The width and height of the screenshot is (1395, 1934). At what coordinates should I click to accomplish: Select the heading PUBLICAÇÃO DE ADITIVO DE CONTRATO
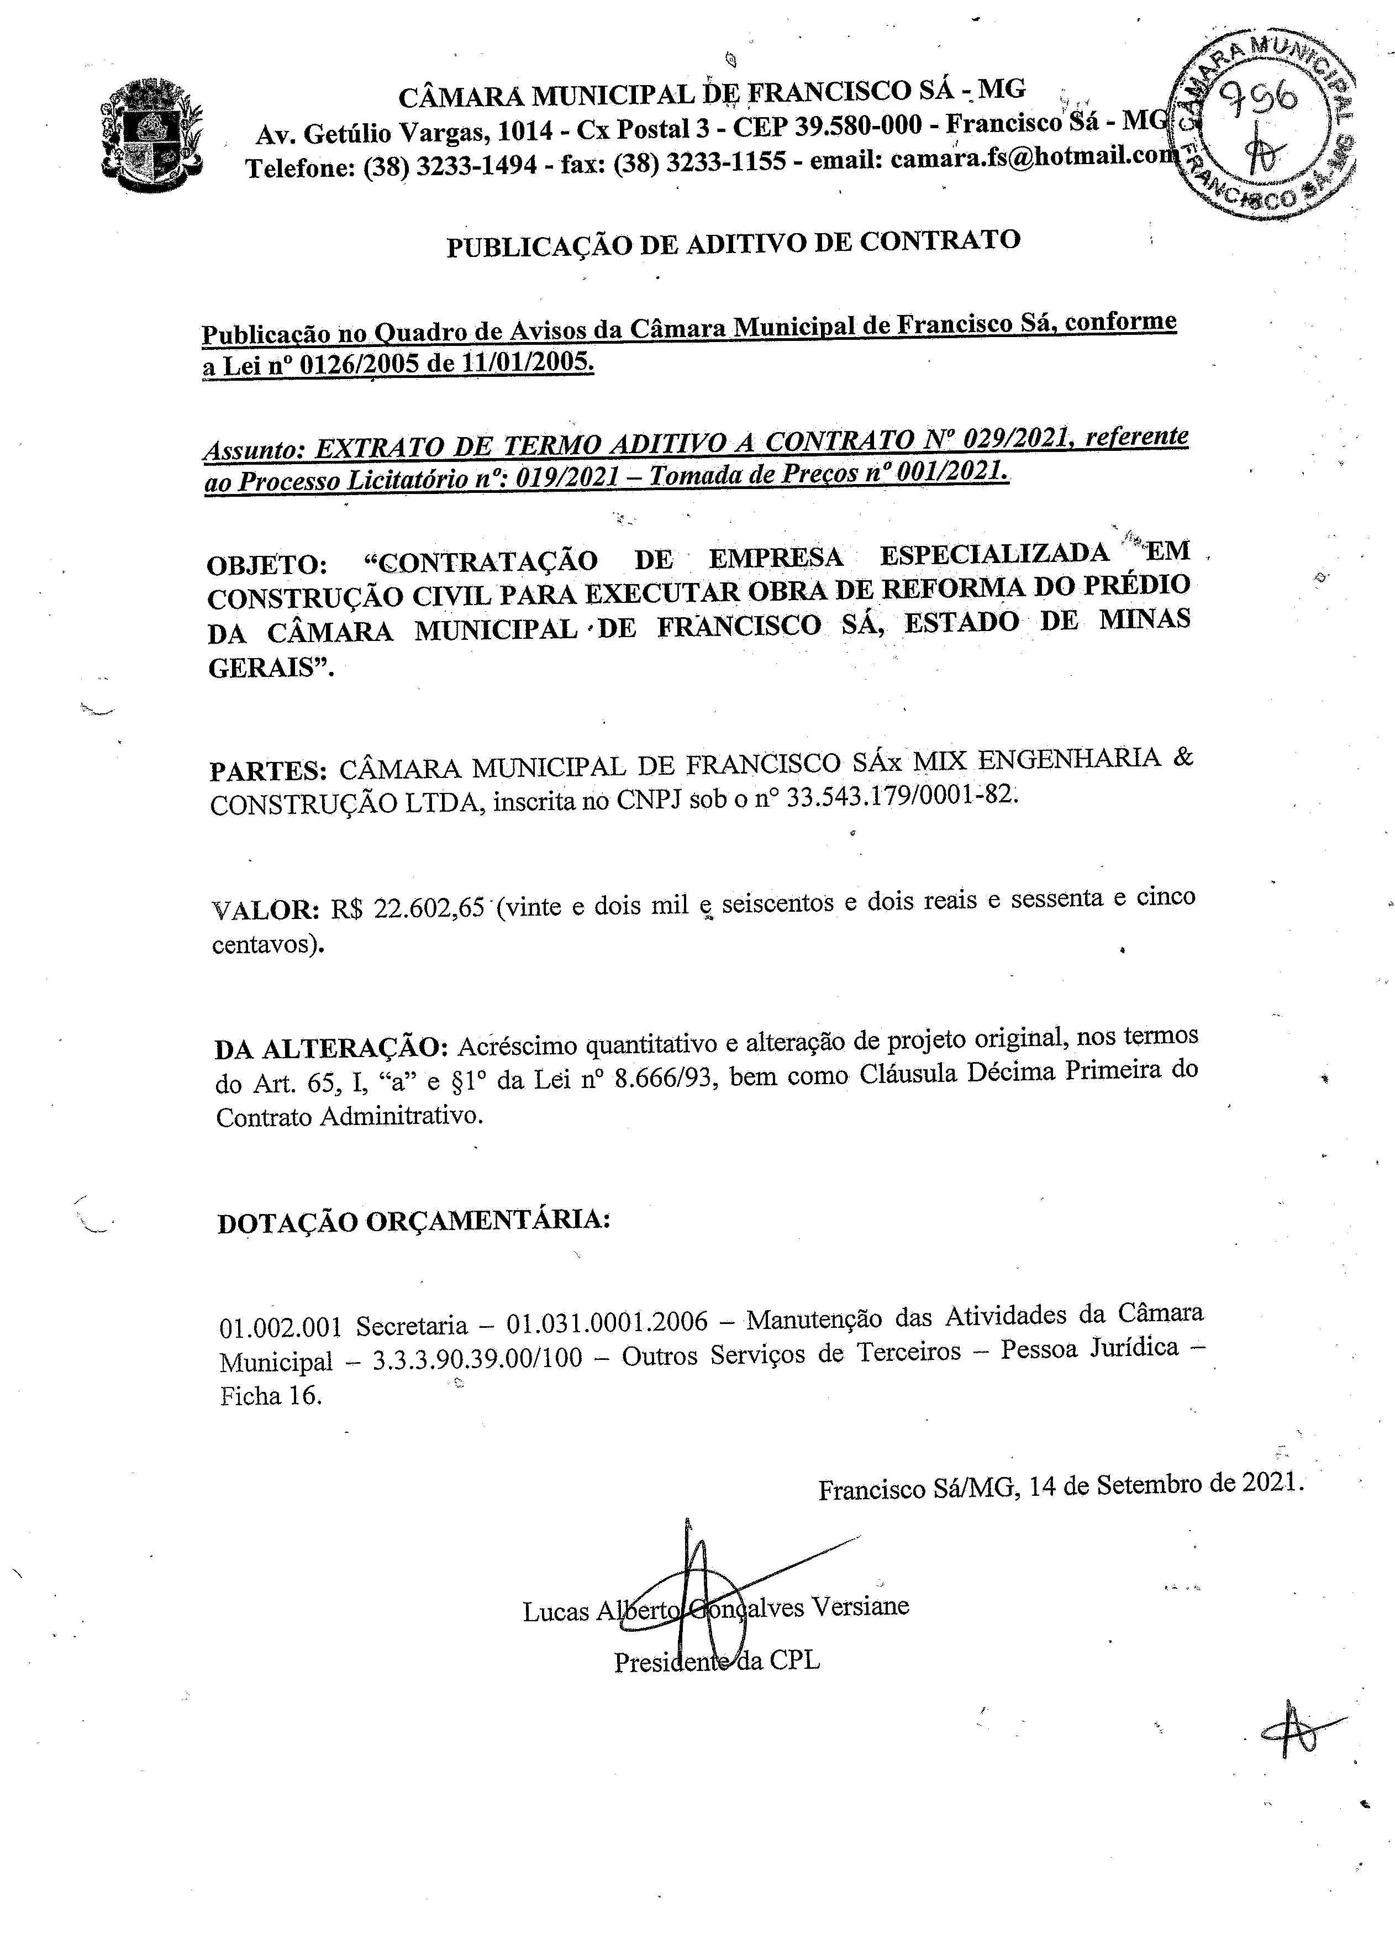click(733, 243)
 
